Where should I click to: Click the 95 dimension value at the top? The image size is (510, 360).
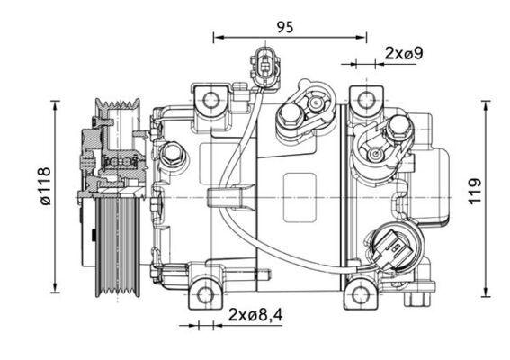coord(284,26)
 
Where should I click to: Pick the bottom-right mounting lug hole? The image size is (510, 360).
coord(361,292)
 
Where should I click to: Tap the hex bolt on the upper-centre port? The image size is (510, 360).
coord(291,113)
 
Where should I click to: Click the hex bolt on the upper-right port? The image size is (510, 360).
coord(397,130)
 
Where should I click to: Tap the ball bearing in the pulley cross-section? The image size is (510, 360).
coord(118,162)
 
